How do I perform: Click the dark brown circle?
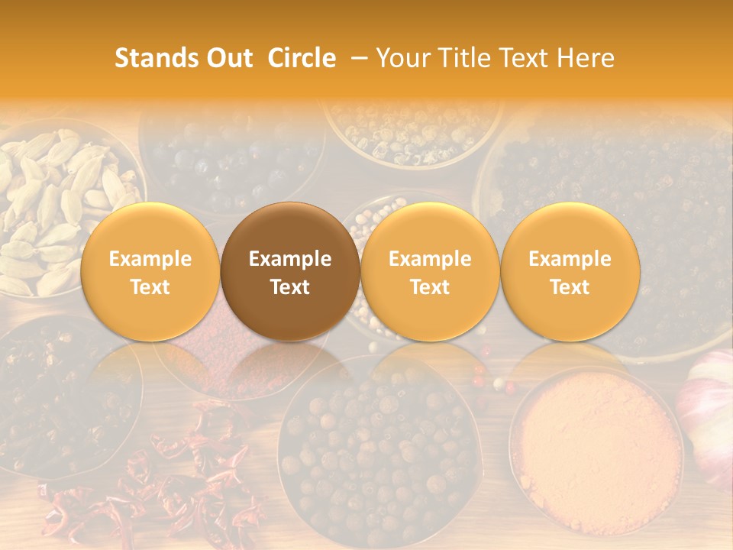point(290,272)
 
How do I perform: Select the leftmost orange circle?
point(150,272)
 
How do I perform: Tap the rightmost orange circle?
point(570,272)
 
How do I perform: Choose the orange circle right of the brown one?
point(430,272)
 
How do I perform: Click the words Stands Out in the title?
point(183,58)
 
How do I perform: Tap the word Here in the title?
point(586,58)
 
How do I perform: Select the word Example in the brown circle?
point(290,259)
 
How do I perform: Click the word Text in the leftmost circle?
point(150,287)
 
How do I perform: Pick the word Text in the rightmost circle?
point(570,287)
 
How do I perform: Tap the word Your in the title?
point(402,58)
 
